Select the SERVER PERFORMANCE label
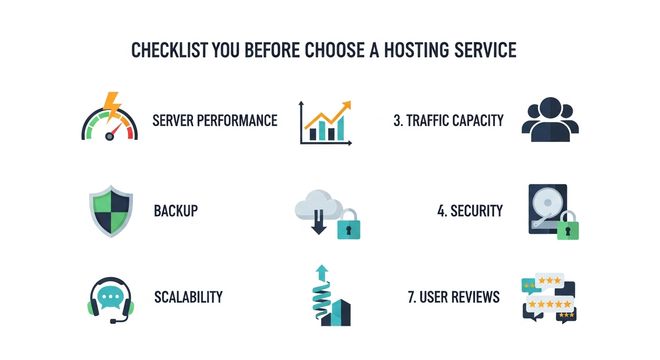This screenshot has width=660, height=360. (215, 120)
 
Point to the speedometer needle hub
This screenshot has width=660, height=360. (110, 136)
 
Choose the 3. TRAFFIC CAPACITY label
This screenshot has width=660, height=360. (449, 120)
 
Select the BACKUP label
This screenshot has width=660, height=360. (176, 211)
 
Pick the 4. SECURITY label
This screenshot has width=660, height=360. (470, 211)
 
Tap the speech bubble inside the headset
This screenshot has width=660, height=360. (111, 297)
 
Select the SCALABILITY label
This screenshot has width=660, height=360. (188, 297)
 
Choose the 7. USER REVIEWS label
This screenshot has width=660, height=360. (454, 297)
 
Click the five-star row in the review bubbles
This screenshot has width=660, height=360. (549, 304)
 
